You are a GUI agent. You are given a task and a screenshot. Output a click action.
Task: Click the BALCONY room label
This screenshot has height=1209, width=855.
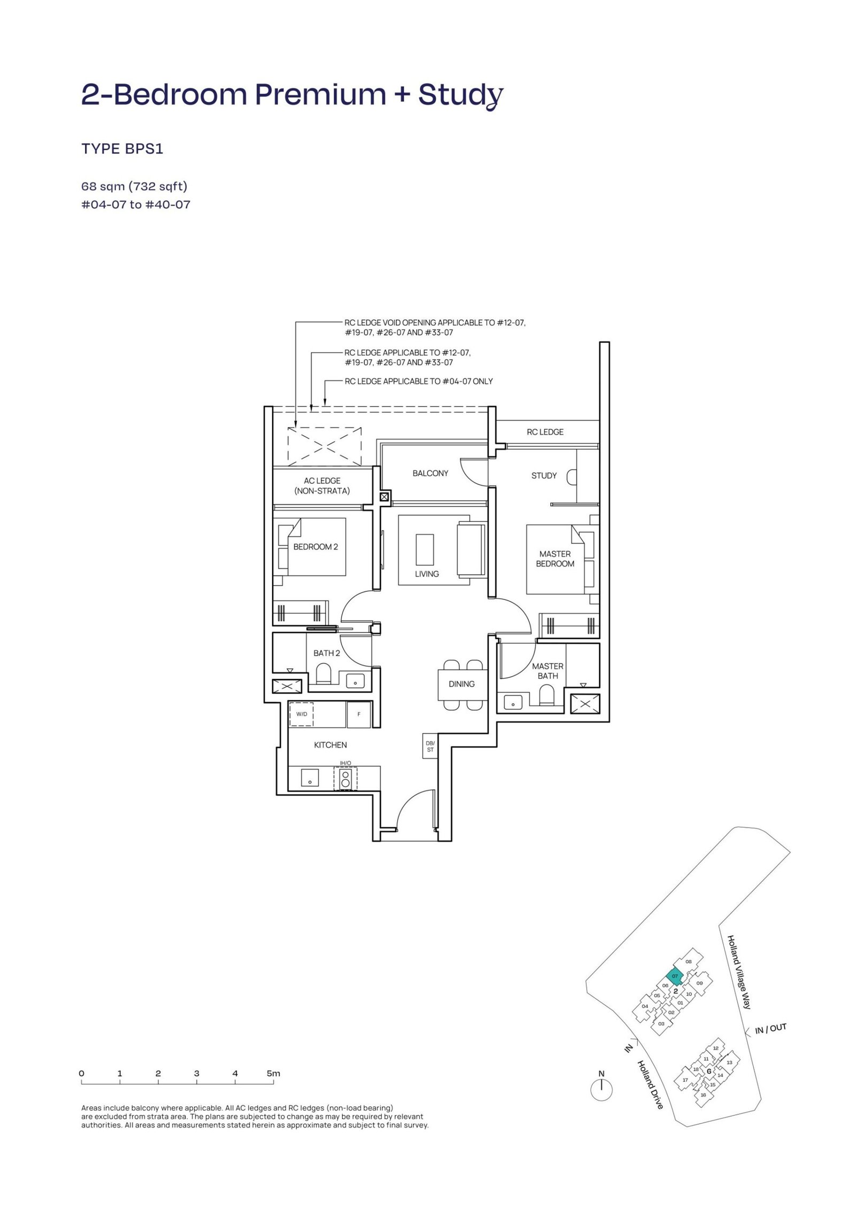click(430, 473)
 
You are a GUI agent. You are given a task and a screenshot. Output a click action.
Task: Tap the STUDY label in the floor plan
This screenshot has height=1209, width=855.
click(544, 475)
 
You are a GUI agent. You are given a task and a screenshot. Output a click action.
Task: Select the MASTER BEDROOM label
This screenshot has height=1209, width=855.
click(555, 559)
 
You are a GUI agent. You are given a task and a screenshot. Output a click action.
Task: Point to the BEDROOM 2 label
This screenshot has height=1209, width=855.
click(315, 547)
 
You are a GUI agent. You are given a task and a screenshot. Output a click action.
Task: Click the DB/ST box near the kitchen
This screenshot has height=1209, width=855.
click(430, 746)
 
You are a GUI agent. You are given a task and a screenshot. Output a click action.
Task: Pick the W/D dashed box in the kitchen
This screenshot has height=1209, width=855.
click(301, 714)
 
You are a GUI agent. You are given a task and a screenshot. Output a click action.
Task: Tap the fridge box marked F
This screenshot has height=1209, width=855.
click(359, 714)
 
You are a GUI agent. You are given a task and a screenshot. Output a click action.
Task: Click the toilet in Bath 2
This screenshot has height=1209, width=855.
click(324, 674)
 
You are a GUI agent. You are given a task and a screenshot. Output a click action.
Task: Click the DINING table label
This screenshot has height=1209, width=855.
click(462, 684)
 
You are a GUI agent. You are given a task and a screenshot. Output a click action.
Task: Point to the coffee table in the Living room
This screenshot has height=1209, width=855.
click(425, 549)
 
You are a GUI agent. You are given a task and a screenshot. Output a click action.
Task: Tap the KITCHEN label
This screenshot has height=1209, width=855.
click(330, 745)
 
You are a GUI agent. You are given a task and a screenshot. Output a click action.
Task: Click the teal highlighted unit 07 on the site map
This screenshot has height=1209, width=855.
click(675, 976)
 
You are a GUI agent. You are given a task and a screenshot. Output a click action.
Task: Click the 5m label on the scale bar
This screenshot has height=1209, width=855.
click(273, 1073)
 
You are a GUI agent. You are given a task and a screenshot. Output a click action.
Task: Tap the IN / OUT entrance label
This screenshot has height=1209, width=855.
click(771, 1028)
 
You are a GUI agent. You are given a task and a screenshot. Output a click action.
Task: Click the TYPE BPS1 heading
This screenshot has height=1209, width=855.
click(122, 149)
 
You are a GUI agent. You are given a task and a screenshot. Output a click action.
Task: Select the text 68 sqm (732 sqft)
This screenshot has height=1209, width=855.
click(134, 186)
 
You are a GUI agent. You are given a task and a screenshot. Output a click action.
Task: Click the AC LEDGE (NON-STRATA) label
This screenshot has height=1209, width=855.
click(322, 486)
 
